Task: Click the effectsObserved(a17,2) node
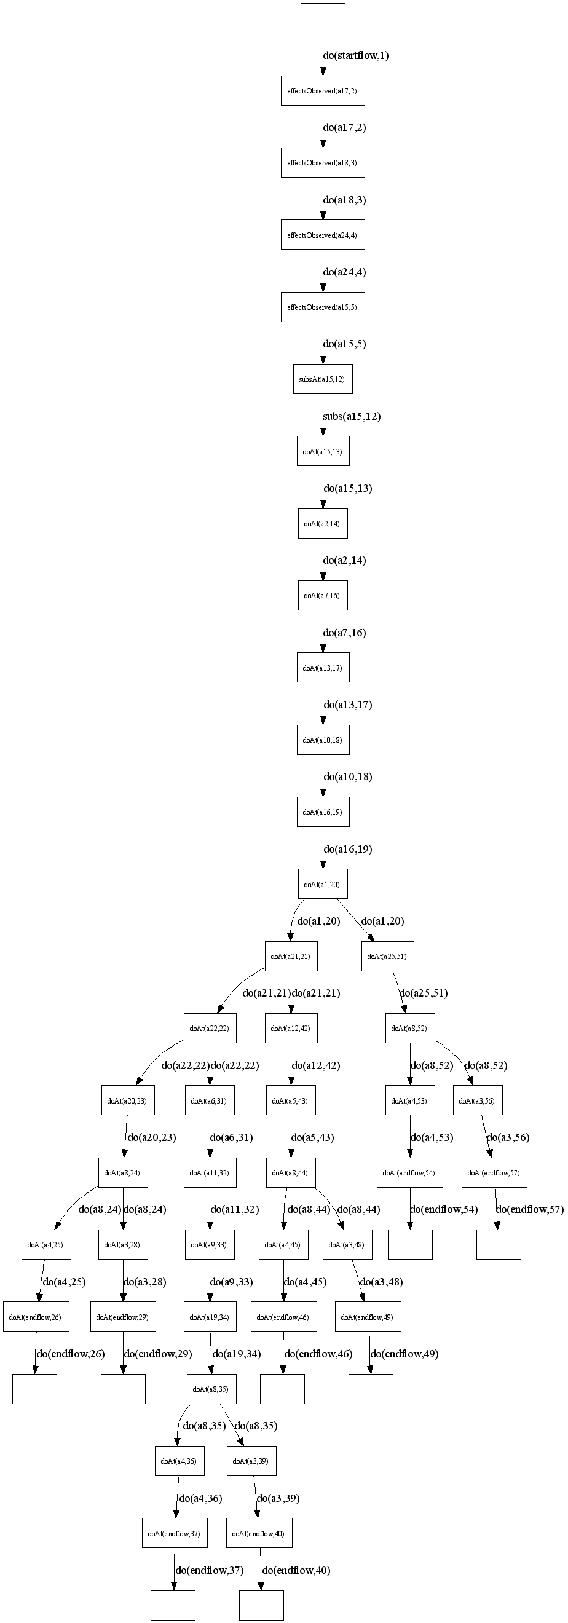click(322, 91)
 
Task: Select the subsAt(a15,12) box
click(322, 379)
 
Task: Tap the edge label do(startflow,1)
click(356, 55)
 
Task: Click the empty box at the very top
click(322, 18)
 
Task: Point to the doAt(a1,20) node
click(322, 884)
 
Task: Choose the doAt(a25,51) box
click(387, 957)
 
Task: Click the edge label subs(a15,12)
click(352, 416)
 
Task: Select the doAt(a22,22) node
click(209, 1029)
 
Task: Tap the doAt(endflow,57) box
click(494, 1172)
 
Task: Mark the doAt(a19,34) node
click(210, 1317)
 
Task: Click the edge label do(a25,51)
click(424, 993)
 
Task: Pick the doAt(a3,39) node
click(251, 1461)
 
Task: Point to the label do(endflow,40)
click(296, 1570)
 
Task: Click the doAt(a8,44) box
click(290, 1172)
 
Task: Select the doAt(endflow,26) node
click(36, 1317)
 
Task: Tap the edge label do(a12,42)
click(315, 1065)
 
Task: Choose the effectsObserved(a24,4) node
click(322, 235)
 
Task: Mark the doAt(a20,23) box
click(128, 1100)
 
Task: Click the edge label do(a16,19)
click(347, 848)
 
